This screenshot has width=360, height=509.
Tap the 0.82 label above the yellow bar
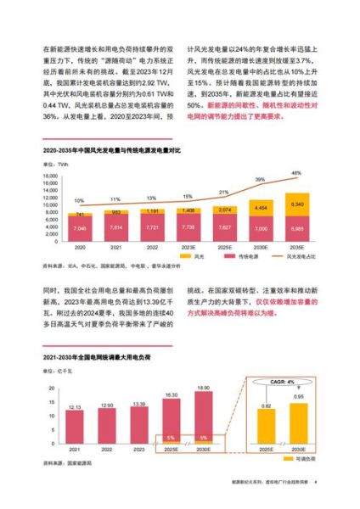click(x=266, y=407)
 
